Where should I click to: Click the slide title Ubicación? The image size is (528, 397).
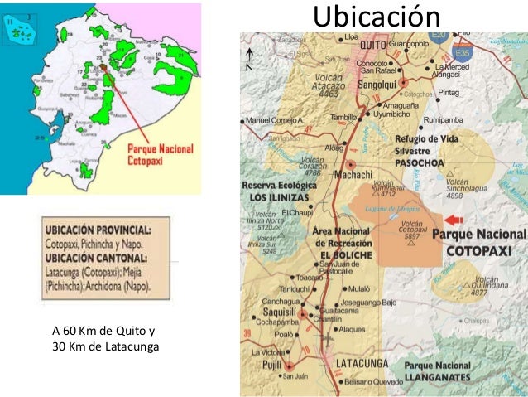(376, 16)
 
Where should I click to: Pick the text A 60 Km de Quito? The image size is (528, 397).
(103, 332)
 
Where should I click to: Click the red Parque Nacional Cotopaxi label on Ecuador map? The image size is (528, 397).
(159, 155)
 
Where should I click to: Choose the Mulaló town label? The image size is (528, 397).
(358, 288)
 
